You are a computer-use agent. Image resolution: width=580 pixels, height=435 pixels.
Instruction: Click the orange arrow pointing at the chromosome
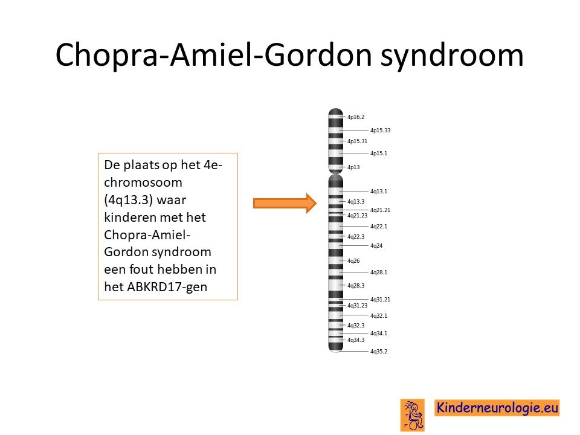click(x=285, y=203)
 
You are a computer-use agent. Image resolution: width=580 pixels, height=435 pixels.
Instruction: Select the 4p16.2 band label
click(x=355, y=117)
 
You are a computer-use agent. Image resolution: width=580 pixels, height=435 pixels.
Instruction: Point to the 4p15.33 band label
click(x=380, y=130)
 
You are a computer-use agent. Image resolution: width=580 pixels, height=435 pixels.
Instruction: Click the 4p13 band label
click(x=353, y=167)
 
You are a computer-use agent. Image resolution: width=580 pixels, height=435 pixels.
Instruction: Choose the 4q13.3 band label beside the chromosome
click(x=355, y=202)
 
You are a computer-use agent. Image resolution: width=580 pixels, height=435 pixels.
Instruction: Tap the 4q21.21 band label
click(x=380, y=210)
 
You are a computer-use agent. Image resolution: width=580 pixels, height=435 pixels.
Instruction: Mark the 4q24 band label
click(x=376, y=246)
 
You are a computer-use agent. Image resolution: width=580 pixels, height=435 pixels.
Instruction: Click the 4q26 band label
click(x=353, y=261)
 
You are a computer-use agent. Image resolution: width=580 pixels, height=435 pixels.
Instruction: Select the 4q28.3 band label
click(x=355, y=286)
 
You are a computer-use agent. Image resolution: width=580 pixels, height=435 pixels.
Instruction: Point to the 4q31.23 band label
click(x=357, y=306)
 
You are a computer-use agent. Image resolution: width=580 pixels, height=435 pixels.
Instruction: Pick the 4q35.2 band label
click(x=379, y=352)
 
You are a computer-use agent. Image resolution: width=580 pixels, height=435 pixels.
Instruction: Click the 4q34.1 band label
click(x=379, y=333)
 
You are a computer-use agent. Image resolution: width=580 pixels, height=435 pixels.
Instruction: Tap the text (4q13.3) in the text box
click(x=128, y=200)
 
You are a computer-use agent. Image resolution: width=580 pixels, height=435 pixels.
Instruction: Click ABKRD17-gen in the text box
click(x=167, y=286)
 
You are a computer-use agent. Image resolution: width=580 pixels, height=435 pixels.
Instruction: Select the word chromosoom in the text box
click(x=143, y=182)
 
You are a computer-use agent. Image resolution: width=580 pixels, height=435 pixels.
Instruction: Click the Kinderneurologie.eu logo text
click(x=497, y=408)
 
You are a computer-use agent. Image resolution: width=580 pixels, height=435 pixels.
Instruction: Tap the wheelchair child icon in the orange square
click(x=413, y=415)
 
